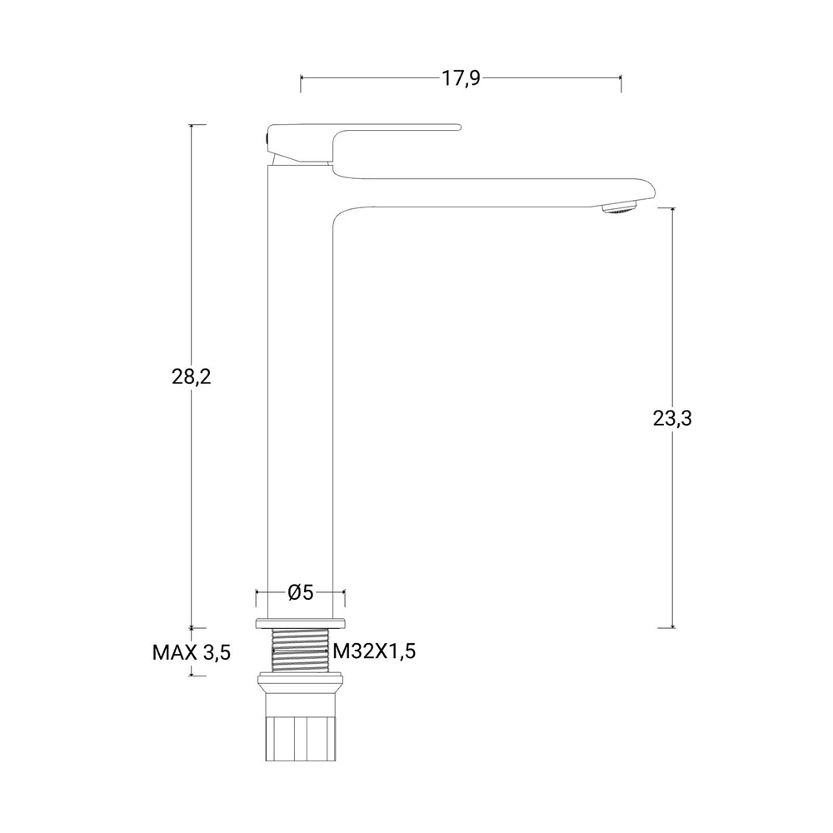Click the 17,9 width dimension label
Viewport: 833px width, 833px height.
pos(461,78)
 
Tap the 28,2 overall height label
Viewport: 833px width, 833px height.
pos(192,377)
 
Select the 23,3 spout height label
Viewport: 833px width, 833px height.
pos(672,419)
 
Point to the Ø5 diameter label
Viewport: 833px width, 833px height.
pos(301,591)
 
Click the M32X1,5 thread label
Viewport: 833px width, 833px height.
pos(375,651)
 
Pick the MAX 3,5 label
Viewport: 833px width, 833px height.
pos(192,652)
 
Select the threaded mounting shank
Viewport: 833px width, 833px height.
pos(300,651)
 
